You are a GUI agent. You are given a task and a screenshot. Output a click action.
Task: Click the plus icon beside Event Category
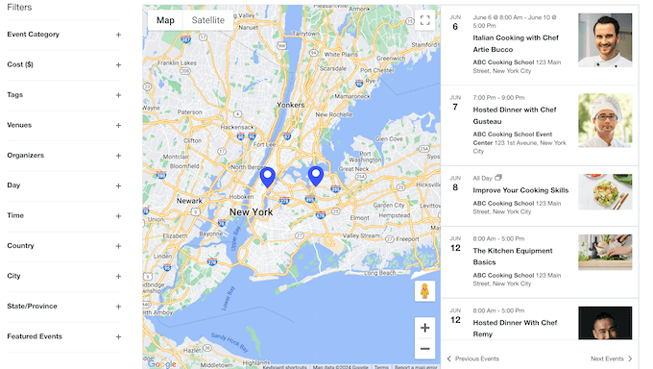coord(118,35)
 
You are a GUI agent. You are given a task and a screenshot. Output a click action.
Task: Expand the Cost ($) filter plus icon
coord(118,64)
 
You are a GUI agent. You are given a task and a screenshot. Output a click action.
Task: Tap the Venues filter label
coord(19,125)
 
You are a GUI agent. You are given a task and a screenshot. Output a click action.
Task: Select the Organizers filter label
coord(25,155)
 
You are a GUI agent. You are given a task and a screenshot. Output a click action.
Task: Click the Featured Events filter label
coord(35,336)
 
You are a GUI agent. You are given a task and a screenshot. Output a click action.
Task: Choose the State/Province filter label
coord(32,306)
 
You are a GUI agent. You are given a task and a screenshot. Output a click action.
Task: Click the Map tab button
coord(166,20)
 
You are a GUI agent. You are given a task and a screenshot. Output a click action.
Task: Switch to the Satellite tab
coord(207,20)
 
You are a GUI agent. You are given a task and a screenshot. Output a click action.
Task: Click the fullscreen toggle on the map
coord(424,21)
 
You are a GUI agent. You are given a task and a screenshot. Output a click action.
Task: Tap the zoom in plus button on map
coord(424,328)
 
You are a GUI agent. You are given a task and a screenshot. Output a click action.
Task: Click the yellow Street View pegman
coord(424,291)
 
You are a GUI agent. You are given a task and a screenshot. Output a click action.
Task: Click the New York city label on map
coord(251,211)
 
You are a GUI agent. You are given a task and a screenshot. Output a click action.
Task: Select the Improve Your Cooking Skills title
coord(520,190)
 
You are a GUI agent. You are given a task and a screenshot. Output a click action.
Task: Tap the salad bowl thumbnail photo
coord(605,191)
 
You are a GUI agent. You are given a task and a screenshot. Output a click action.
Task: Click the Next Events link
coord(611,358)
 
